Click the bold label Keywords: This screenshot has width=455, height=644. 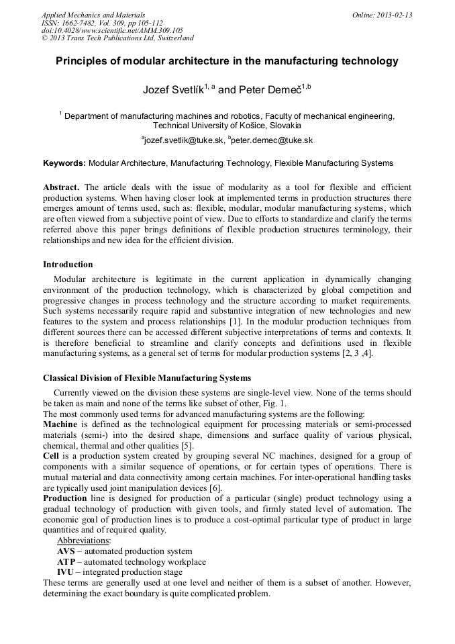pos(64,163)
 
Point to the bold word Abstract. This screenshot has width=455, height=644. pos(61,186)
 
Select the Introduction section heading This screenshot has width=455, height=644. pos(68,265)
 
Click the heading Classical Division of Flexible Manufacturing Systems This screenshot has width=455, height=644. pos(147,378)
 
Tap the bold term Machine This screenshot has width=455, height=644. pos(60,425)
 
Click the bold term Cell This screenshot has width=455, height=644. pos(51,455)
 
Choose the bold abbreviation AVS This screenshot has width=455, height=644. pos(65,551)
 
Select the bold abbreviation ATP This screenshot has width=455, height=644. pos(65,561)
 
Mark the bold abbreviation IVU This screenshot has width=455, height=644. pos(65,571)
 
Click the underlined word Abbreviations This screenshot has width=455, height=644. pos(84,541)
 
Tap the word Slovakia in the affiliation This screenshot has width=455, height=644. pos(284,125)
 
